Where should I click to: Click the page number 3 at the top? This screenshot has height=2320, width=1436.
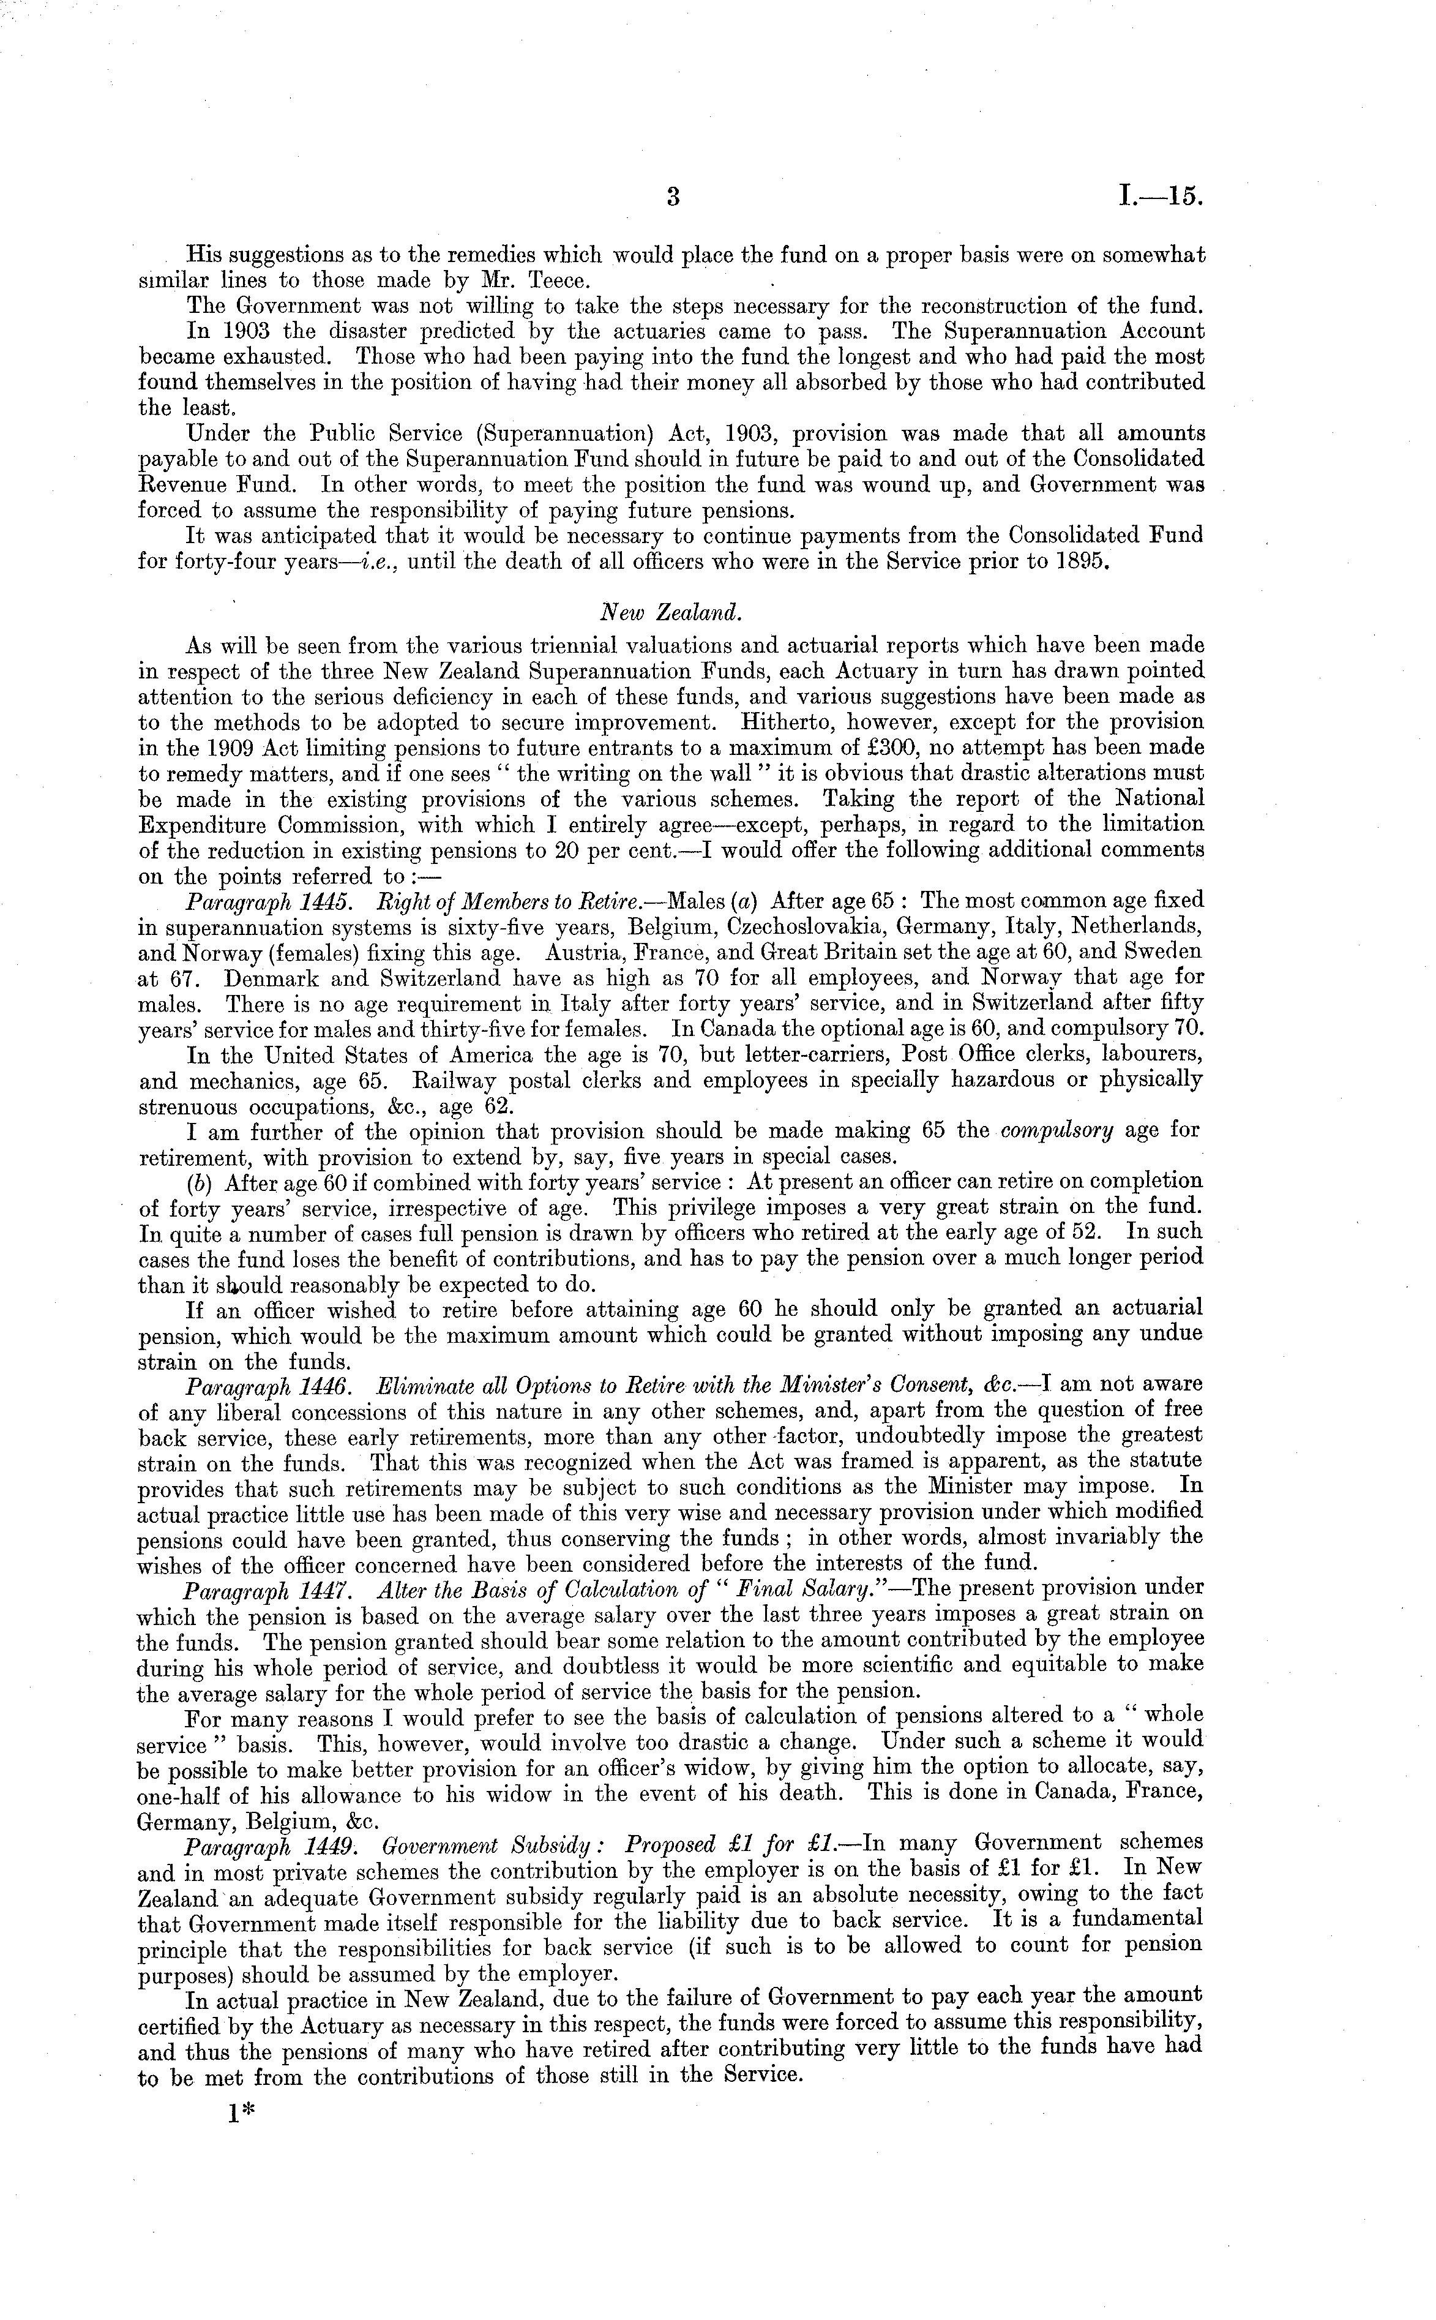click(x=673, y=198)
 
